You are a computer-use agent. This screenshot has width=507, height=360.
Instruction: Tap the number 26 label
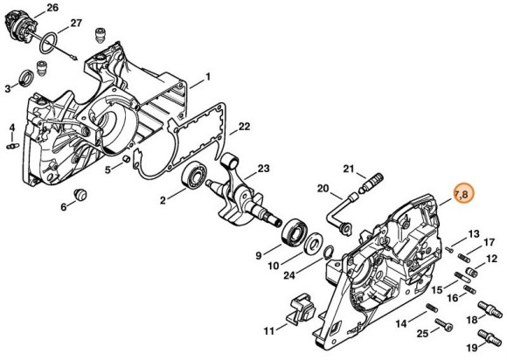click(x=52, y=7)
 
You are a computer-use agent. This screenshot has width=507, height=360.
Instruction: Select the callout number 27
click(x=76, y=23)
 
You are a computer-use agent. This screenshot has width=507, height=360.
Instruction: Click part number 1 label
click(x=207, y=77)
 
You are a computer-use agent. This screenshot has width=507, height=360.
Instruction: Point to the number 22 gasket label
click(x=245, y=127)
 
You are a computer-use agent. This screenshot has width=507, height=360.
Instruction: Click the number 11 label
click(x=267, y=330)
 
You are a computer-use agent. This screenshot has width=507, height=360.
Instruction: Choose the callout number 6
click(x=63, y=206)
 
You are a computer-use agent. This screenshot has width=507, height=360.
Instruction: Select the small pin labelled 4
click(x=13, y=146)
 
